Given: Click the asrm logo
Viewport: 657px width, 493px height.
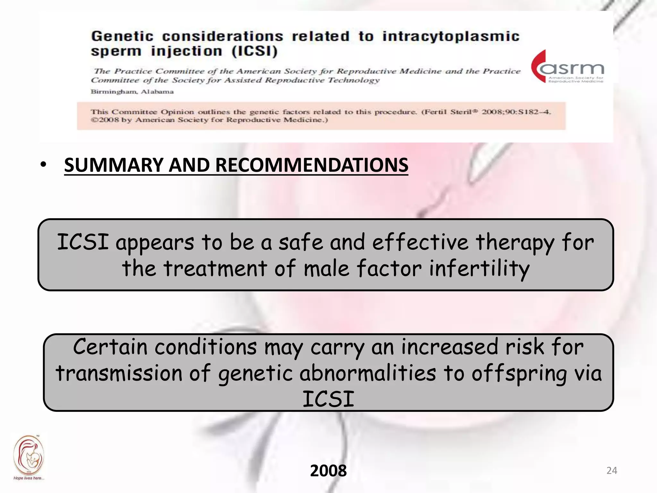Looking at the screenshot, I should point(568,67).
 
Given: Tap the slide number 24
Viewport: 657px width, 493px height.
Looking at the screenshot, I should point(611,471).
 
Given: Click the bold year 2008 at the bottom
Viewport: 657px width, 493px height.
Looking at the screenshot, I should point(328,471).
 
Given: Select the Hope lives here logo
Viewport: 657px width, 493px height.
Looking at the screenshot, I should point(29,457).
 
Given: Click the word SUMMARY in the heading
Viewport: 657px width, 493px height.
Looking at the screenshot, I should point(114,165).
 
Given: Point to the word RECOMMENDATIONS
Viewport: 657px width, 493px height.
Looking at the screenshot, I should point(311,165).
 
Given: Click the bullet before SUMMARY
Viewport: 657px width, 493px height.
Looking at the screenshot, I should point(43,165).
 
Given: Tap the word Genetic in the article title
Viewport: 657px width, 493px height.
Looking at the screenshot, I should point(122,36).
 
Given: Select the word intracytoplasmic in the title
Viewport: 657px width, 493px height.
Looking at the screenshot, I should point(451,36).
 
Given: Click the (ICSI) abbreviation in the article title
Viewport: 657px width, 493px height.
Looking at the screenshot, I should point(255,51).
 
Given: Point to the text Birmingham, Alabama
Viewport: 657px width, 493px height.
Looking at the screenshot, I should point(132,92).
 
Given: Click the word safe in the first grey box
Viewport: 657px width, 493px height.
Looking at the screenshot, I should point(300,242).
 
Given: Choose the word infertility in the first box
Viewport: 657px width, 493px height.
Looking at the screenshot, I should point(479,268).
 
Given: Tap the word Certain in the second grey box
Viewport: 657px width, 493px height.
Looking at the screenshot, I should point(110,347).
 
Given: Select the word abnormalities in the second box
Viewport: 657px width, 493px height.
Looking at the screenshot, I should point(368,373).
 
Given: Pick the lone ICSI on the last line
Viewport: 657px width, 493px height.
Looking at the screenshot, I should point(328,399).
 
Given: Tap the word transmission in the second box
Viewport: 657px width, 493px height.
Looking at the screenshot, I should point(119,373).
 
